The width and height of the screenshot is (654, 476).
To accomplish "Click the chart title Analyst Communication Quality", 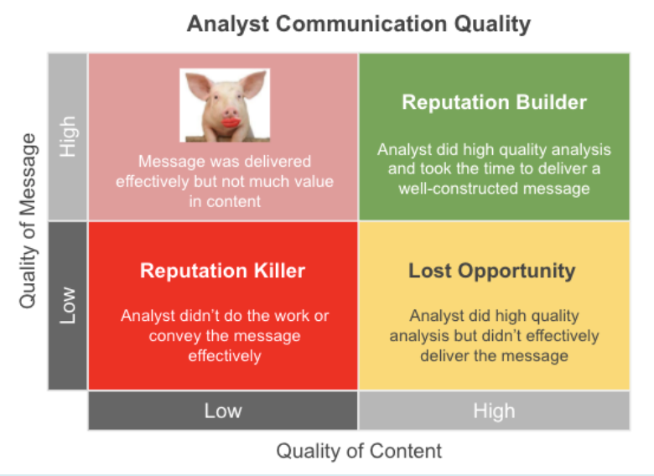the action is tap(359, 24).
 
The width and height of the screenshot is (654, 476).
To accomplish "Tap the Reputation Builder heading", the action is tap(494, 102).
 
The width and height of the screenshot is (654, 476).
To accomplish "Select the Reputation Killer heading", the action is tap(223, 271).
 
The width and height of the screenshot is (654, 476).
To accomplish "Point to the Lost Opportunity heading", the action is tap(491, 271).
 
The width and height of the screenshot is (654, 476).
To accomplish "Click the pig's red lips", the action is tap(231, 122).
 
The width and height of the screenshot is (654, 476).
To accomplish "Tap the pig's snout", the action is tap(231, 113).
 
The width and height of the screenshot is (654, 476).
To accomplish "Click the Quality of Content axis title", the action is tap(359, 451).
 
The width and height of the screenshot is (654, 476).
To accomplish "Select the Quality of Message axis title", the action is tap(29, 221).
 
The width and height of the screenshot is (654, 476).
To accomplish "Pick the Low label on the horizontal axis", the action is tap(223, 411).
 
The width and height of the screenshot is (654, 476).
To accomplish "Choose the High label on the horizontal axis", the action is tap(494, 411).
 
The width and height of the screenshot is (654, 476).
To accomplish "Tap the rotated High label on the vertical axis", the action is tap(68, 137).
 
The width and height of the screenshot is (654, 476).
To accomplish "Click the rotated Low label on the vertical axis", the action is tap(68, 306).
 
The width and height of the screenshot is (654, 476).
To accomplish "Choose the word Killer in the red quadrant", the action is tap(280, 271).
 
